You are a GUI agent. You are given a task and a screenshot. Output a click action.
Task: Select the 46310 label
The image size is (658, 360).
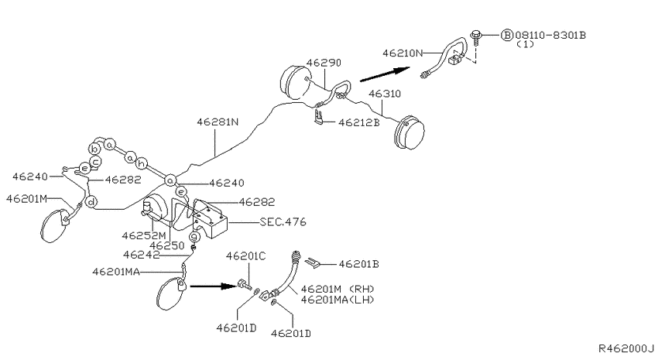pyautogui.click(x=385, y=94)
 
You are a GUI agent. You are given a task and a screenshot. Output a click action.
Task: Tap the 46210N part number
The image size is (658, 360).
pyautogui.click(x=403, y=53)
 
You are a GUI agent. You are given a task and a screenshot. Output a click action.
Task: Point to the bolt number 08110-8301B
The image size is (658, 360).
pyautogui.click(x=552, y=35)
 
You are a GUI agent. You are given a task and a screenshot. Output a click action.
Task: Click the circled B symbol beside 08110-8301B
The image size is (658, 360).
pyautogui.click(x=507, y=35)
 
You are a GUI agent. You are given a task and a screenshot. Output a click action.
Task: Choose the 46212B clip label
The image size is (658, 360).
pyautogui.click(x=358, y=122)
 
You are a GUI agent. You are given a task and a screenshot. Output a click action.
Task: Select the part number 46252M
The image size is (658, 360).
pyautogui.click(x=143, y=235)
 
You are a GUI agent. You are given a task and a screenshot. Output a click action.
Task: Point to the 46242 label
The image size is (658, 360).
pyautogui.click(x=142, y=254)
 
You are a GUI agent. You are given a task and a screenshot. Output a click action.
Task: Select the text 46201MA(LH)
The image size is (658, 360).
pyautogui.click(x=338, y=300)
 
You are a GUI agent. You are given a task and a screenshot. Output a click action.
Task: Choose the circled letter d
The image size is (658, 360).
pyautogui.click(x=91, y=203)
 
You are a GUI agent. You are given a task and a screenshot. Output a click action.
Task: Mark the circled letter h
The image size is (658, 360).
pyautogui.click(x=142, y=164)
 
